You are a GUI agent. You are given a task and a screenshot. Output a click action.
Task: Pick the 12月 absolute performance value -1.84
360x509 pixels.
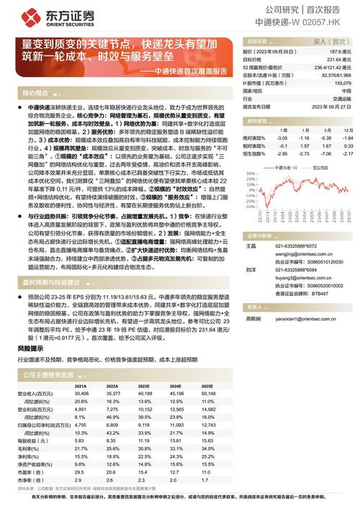347,137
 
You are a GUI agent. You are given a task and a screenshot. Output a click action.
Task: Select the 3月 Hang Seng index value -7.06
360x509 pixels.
326,153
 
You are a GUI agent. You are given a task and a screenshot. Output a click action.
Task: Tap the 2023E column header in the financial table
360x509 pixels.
144,386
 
